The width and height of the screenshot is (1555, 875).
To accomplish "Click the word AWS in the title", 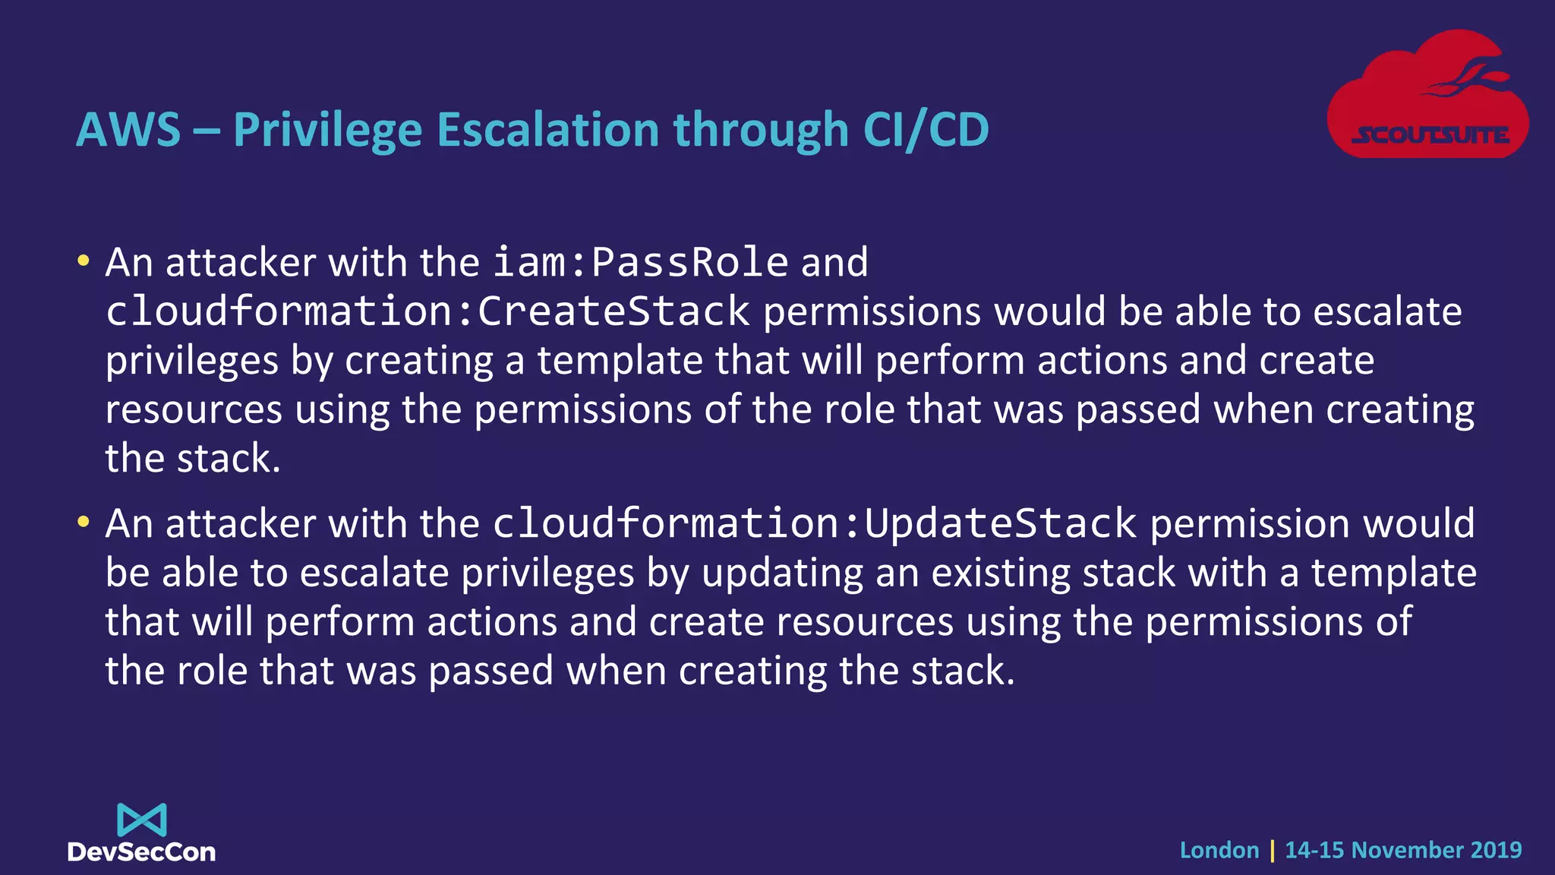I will [128, 130].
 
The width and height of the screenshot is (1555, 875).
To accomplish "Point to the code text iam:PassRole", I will [640, 263].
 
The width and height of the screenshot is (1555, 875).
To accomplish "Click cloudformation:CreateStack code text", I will [427, 311].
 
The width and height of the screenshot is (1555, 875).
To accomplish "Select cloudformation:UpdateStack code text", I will [815, 524].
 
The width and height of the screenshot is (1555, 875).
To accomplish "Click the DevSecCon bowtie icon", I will [142, 820].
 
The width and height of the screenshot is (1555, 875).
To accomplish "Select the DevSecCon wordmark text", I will [142, 852].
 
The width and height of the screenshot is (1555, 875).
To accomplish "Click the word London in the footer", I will [1219, 850].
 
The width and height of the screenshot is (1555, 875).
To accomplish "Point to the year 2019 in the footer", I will [1496, 850].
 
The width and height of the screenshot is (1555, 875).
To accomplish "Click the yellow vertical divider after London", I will [1273, 850].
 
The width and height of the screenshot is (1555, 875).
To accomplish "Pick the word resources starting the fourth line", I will [194, 410].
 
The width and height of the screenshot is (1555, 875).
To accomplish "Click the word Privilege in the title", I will [327, 130].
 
